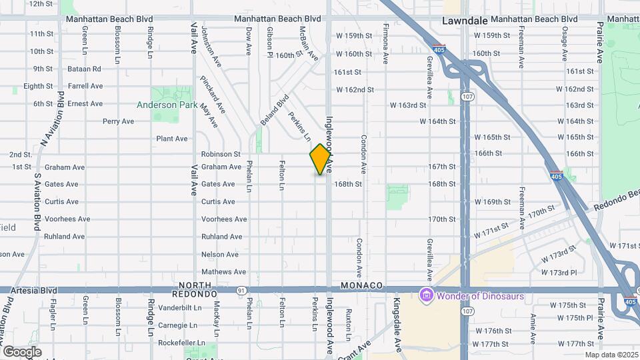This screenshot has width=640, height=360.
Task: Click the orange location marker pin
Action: click(321, 159)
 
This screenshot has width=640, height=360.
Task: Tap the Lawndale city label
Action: click(465, 21)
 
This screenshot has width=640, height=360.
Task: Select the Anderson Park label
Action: click(166, 105)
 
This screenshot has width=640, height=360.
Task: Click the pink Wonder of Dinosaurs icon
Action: click(425, 295)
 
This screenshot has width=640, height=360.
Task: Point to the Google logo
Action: click(22, 351)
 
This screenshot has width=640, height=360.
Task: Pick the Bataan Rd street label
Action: click(84, 69)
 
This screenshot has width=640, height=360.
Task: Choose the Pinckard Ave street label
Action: click(213, 94)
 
